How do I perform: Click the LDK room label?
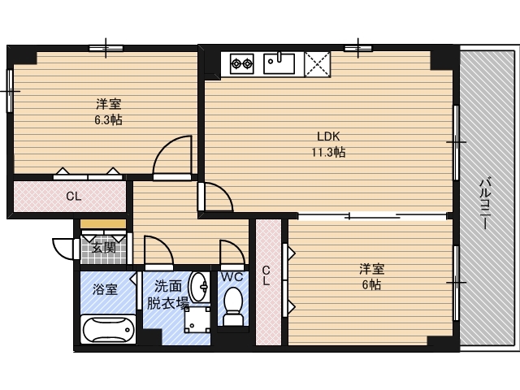(x=327, y=136)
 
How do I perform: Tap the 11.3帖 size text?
(x=327, y=152)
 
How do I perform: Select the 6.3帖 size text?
(x=108, y=119)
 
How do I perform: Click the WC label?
(x=232, y=276)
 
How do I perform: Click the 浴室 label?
(x=104, y=289)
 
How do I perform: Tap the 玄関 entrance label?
(x=102, y=248)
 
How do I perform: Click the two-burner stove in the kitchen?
(x=243, y=63)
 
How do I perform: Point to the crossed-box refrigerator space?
(x=317, y=63)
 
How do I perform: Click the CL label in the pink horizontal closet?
(x=73, y=196)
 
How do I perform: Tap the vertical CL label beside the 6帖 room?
(x=266, y=275)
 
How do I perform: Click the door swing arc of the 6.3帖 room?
(x=172, y=156)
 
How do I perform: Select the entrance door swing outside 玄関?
(x=64, y=248)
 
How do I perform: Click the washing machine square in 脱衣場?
(x=194, y=320)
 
